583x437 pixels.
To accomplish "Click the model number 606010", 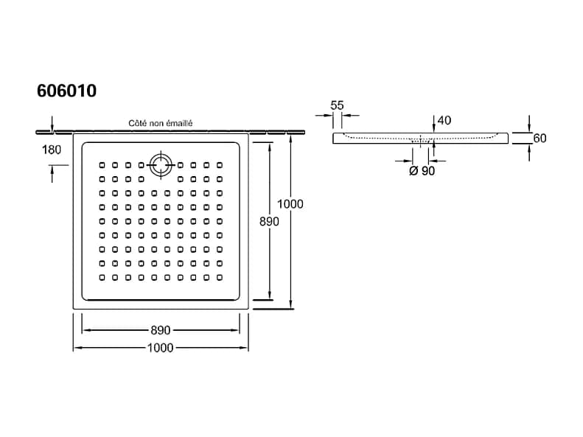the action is click(66, 91).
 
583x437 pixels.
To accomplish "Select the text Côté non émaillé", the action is click(160, 123).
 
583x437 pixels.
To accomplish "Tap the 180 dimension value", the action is click(52, 150).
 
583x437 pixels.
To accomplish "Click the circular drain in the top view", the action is click(161, 165).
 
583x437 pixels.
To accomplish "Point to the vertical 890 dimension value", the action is click(269, 222).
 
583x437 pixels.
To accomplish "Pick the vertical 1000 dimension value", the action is click(290, 204).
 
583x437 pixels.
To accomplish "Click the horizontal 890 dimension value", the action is click(160, 330).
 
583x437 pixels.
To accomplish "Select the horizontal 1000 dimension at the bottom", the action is click(160, 348).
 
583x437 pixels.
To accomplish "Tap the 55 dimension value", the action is click(337, 105).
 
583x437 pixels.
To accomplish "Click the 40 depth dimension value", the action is click(444, 120).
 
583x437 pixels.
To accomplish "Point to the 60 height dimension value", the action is click(540, 139).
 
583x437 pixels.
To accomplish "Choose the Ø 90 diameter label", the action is click(422, 171).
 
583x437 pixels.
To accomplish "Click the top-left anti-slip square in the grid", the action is click(102, 165).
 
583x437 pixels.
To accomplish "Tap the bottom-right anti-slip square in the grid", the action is click(220, 277).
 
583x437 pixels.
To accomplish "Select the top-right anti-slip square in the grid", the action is click(220, 165).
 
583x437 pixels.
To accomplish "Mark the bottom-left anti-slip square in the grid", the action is click(102, 277).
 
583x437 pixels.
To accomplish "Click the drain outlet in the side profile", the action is click(421, 141).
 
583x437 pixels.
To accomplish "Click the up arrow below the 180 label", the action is click(52, 174).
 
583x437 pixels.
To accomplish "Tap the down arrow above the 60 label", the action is click(529, 123).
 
